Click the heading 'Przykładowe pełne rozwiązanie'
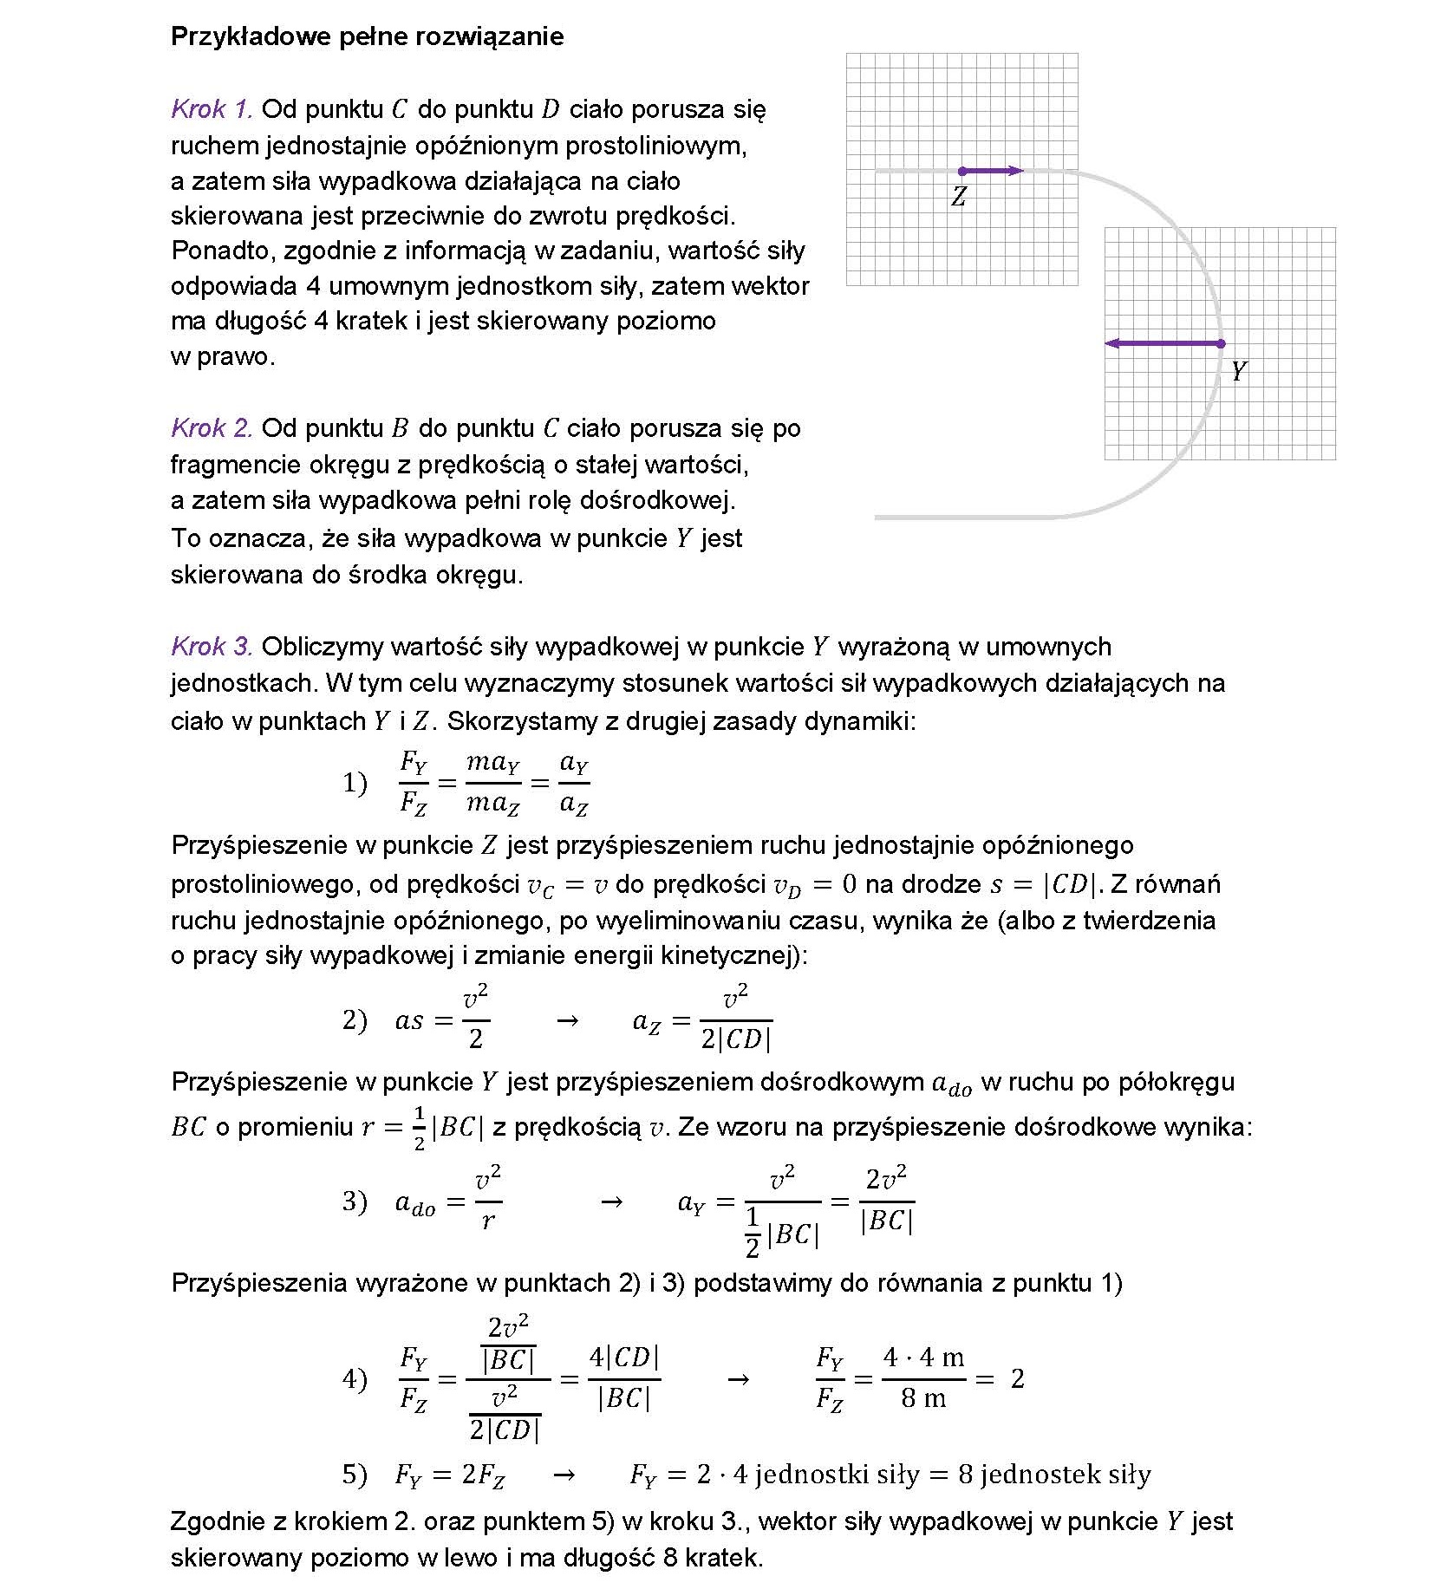pos(367,36)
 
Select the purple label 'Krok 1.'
pos(212,109)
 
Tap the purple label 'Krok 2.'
pos(212,428)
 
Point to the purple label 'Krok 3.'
pos(212,647)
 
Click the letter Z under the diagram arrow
pos(958,197)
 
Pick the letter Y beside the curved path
pos(1238,372)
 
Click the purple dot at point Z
pos(961,172)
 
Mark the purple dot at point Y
pos(1221,344)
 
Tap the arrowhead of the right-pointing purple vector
pos(1018,172)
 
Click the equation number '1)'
pos(355,784)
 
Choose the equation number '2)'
pos(355,1020)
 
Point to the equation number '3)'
pos(355,1202)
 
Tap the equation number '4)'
pos(355,1379)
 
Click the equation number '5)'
pos(355,1475)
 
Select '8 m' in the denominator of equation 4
pos(923,1398)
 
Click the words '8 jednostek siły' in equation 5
pos(1054,1475)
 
